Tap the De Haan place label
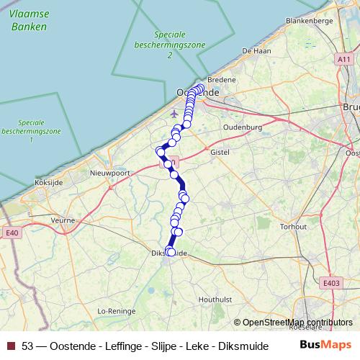coord(256,50)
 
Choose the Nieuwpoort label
coord(109,173)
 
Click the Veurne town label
coord(63,220)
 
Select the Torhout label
coord(294,226)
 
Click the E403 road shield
coord(331,284)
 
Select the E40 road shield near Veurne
coord(11,233)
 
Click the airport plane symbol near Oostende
coord(173,113)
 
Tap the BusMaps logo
coord(325,344)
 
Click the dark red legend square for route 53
coord(11,345)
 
